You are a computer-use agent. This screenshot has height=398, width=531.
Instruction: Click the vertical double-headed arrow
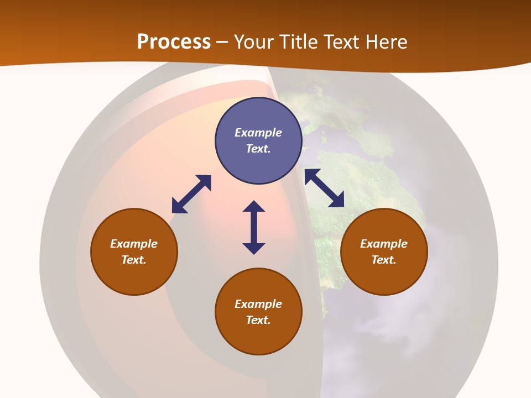click(254, 227)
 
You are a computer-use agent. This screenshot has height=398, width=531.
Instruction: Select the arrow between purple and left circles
click(191, 194)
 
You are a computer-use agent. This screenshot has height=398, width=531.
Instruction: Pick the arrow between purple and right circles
click(324, 188)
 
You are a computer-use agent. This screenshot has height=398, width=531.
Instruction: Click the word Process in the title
click(174, 41)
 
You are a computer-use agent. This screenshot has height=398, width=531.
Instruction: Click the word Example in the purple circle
click(258, 133)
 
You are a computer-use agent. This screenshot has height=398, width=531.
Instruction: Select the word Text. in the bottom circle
click(258, 320)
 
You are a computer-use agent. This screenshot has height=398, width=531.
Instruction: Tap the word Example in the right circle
click(384, 244)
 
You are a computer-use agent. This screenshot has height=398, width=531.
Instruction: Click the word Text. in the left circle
click(134, 260)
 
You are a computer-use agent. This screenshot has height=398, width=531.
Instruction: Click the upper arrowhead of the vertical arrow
click(254, 206)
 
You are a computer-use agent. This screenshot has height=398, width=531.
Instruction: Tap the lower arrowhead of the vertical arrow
click(254, 248)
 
